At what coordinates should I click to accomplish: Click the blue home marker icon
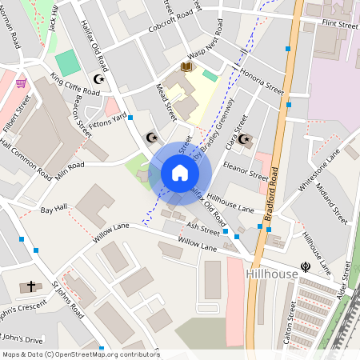180,173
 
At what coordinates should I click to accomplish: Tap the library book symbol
186,68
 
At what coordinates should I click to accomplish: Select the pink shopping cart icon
21,82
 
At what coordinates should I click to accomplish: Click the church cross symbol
32,286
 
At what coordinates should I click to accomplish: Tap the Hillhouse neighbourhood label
273,274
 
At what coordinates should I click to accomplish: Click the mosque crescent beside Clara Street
245,139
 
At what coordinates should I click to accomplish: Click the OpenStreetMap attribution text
80,354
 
